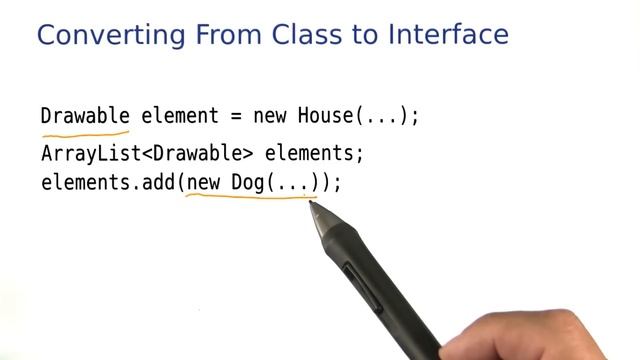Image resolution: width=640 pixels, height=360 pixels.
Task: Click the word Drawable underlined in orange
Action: click(85, 116)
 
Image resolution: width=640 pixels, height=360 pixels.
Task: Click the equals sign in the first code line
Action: click(236, 116)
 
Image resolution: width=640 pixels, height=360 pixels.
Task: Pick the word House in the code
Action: click(326, 116)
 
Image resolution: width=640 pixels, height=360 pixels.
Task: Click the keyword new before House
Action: click(270, 116)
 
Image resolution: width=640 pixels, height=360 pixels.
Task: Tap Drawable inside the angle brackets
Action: click(197, 155)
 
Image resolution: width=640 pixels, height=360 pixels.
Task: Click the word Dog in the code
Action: click(249, 183)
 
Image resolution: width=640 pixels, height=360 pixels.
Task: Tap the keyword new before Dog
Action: click(204, 183)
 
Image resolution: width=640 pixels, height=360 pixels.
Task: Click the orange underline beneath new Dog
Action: click(250, 197)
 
